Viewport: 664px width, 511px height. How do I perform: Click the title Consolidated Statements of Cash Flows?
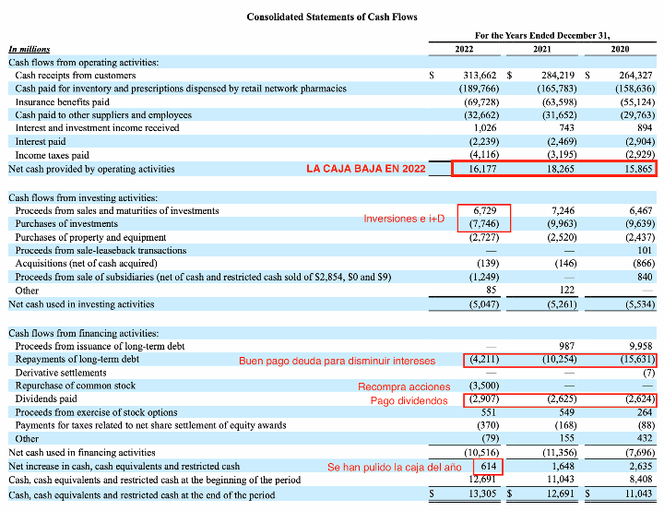tap(332, 17)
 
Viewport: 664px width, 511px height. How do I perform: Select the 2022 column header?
tap(465, 48)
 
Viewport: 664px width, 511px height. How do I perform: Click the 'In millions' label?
tap(30, 48)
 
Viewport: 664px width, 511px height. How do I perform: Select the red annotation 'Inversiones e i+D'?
tap(404, 219)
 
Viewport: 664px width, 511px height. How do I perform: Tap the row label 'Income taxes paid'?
tap(52, 156)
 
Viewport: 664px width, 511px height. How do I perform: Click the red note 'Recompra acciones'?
tap(404, 386)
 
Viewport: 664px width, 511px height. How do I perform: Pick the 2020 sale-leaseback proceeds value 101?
tap(645, 250)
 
